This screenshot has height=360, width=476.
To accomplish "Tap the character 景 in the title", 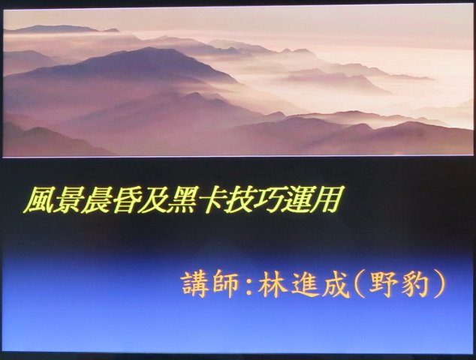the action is [x=67, y=200].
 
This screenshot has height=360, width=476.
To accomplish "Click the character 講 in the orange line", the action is [x=194, y=284].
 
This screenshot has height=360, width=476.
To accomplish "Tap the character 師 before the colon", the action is [x=225, y=284].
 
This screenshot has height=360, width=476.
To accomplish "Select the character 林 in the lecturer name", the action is [x=273, y=284].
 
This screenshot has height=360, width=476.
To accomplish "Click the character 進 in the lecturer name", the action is [x=304, y=284].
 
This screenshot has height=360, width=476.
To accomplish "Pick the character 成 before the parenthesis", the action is [x=336, y=284].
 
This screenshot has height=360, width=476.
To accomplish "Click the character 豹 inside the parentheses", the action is [x=415, y=284].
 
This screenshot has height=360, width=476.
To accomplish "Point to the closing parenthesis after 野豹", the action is [x=439, y=284].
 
